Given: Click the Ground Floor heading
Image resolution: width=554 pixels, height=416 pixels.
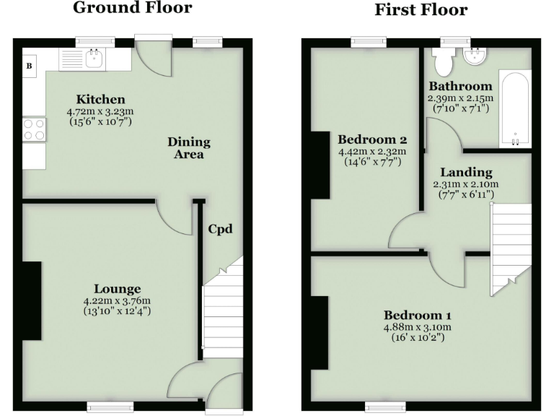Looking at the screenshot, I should pos(132,9).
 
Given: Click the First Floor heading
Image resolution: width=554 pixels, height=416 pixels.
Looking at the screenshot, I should pos(420,10).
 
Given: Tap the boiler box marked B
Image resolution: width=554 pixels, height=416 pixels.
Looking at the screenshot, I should pos(30,66).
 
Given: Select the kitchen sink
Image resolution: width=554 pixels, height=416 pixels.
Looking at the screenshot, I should pos(94,58).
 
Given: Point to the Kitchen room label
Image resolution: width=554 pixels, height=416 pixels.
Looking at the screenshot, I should pos(101,99).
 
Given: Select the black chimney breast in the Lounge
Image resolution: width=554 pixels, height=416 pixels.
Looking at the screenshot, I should pos(31,300).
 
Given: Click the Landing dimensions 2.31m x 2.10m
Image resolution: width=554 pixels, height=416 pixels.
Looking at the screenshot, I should pos(466,184).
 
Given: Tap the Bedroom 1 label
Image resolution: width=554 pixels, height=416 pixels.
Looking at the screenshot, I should pos(418,316).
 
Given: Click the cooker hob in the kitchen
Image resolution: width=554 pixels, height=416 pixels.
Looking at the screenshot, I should pos(34,130).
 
